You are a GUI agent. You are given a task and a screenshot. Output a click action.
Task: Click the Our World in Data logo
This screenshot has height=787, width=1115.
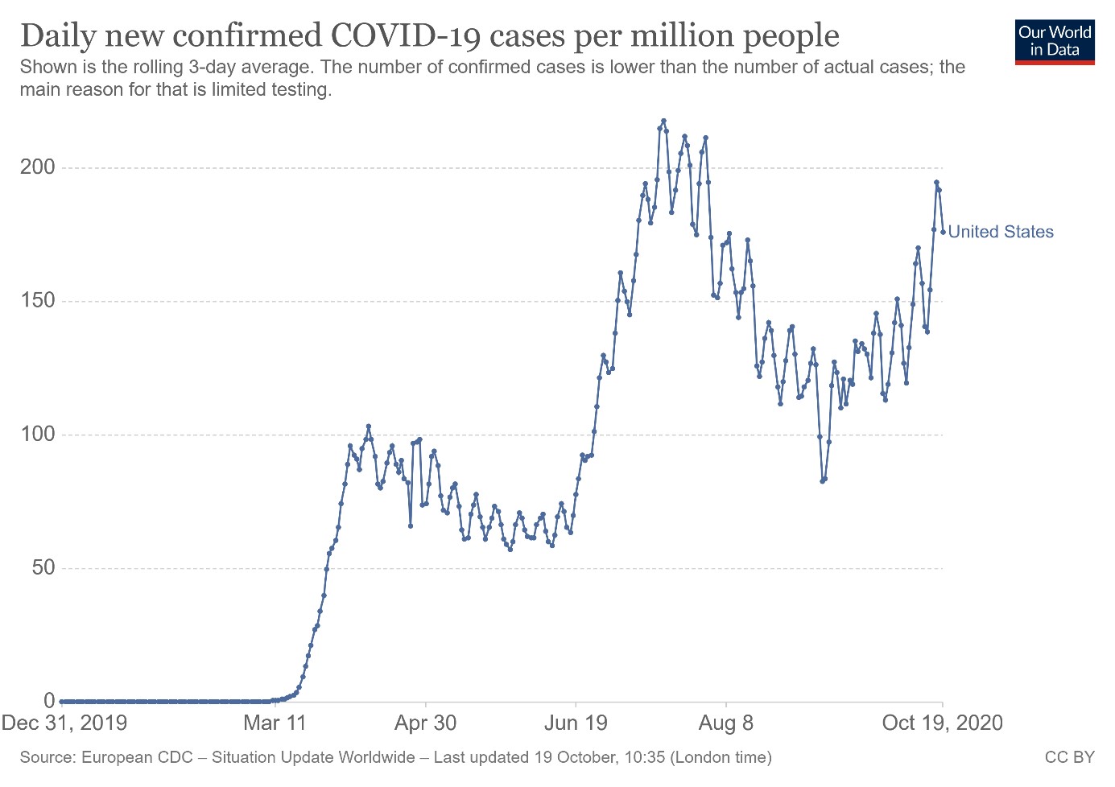pyautogui.click(x=1055, y=41)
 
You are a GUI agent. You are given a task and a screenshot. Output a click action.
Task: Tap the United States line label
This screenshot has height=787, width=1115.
pyautogui.click(x=1001, y=232)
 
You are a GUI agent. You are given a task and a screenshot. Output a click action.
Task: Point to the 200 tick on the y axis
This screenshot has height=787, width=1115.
pyautogui.click(x=38, y=167)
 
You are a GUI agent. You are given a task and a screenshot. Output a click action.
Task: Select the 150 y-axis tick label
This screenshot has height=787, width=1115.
pyautogui.click(x=38, y=301)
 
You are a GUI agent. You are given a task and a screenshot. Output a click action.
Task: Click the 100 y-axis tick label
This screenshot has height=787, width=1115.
pyautogui.click(x=38, y=435)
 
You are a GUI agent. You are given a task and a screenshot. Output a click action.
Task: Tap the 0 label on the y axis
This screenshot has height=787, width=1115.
pyautogui.click(x=50, y=701)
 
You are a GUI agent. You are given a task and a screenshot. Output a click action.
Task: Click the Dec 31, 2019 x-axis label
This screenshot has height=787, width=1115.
pyautogui.click(x=64, y=723)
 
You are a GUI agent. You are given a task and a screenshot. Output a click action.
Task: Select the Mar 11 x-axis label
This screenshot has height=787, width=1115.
pyautogui.click(x=275, y=723)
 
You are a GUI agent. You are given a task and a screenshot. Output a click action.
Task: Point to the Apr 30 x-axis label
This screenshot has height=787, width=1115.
pyautogui.click(x=425, y=723)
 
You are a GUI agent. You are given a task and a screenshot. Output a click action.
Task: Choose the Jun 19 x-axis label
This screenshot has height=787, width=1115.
pyautogui.click(x=576, y=723)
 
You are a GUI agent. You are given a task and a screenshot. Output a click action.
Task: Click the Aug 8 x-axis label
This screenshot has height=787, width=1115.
pyautogui.click(x=726, y=723)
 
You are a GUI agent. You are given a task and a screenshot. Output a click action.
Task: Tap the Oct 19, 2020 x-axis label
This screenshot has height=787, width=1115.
pyautogui.click(x=943, y=723)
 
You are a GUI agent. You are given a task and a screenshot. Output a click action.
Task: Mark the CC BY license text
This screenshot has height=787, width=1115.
pyautogui.click(x=1069, y=757)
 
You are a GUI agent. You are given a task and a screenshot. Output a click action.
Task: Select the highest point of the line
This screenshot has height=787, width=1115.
pyautogui.click(x=663, y=122)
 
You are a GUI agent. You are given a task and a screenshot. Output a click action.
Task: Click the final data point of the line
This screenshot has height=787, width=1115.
pyautogui.click(x=943, y=232)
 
